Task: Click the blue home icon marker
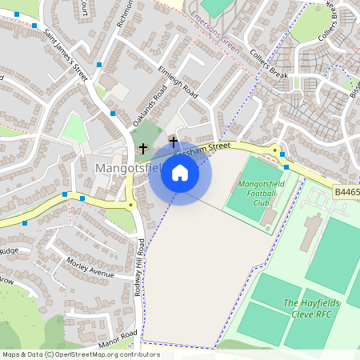pos(180,173)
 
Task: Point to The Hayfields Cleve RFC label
pos(309,308)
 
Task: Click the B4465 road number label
pos(346,192)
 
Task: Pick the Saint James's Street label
pos(66,54)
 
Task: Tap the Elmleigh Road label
pos(178,82)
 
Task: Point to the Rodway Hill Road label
pos(141,267)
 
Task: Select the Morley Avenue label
pos(90,269)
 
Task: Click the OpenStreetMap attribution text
pos(80,354)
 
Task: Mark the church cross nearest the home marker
pos(173,142)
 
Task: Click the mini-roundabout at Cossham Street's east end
pos(274,150)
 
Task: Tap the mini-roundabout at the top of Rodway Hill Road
pos(130,205)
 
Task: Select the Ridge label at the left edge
pos(9,251)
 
